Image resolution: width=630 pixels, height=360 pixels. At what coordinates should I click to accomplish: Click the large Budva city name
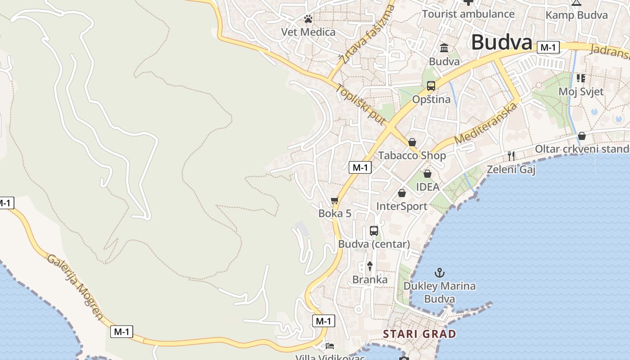(x=502, y=42)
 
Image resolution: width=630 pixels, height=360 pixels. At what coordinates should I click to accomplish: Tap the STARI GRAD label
(x=419, y=334)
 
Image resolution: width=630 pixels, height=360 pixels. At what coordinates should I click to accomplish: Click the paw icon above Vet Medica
(x=308, y=19)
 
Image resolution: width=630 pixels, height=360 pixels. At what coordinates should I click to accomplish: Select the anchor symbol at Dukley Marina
(x=439, y=272)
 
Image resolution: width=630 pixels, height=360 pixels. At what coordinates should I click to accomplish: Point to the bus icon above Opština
(x=431, y=85)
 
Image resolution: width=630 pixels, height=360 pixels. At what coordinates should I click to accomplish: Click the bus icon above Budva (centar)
(x=374, y=231)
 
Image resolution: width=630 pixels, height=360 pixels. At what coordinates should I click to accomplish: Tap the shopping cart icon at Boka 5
(x=334, y=201)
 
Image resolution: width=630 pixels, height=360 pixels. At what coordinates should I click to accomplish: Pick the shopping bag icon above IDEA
(x=427, y=173)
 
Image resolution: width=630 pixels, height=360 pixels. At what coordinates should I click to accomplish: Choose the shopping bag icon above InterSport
(x=402, y=193)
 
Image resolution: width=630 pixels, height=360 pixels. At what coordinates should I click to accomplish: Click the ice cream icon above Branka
(x=370, y=266)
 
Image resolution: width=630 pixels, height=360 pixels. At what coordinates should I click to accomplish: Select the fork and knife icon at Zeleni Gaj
(x=511, y=156)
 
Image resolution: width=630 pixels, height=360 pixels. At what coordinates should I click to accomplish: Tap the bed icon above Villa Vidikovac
(x=330, y=346)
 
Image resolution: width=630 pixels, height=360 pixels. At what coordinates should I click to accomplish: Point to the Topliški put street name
(x=360, y=104)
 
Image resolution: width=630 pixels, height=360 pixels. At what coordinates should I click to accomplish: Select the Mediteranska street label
(x=485, y=122)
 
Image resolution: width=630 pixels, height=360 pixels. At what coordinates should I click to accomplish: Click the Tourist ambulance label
(x=468, y=14)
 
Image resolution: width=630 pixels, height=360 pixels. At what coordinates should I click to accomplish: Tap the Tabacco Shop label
(x=412, y=156)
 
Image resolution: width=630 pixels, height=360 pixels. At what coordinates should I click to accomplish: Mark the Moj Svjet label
(x=581, y=91)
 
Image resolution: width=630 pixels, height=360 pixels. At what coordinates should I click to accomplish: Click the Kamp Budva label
(x=576, y=15)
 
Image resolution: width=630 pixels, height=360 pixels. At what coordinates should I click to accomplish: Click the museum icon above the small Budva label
(x=444, y=48)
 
